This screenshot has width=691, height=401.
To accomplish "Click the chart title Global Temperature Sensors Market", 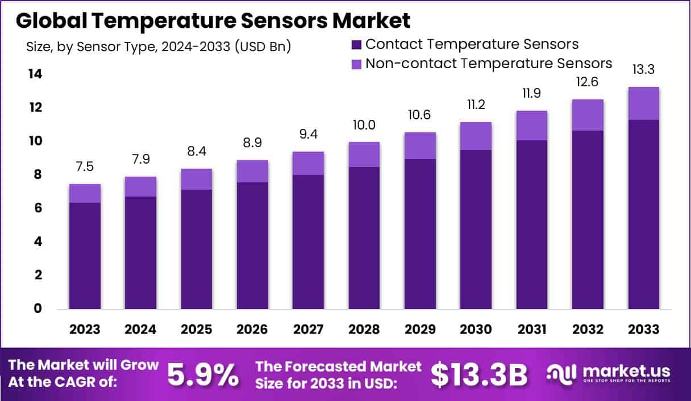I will tap(213, 21).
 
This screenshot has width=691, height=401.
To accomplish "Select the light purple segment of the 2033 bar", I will tap(643, 103).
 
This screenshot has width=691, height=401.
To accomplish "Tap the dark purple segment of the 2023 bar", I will tap(85, 256).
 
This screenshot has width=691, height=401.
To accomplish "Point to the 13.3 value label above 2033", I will tap(643, 70).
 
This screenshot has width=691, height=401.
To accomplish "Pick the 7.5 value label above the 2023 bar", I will tap(85, 167).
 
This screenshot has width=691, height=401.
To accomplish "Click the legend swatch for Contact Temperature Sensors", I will tap(357, 45).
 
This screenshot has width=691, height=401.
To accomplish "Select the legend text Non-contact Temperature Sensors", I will tap(489, 63).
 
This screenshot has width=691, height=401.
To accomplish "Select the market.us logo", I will tap(608, 374).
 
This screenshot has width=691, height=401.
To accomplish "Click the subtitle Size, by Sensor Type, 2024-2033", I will tap(159, 47).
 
